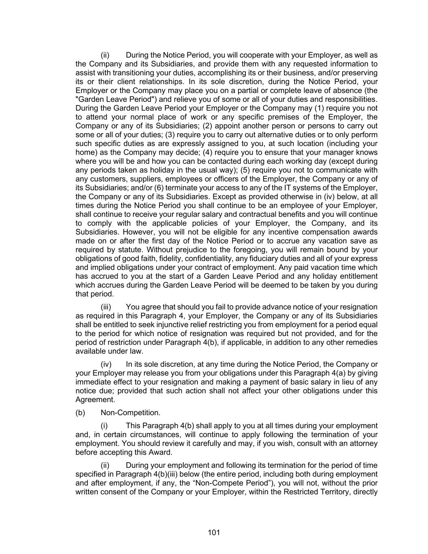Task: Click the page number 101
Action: click(x=214, y=532)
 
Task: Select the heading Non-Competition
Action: click(x=130, y=413)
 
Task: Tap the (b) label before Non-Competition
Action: click(x=80, y=413)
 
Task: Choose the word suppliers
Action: click(x=128, y=179)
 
